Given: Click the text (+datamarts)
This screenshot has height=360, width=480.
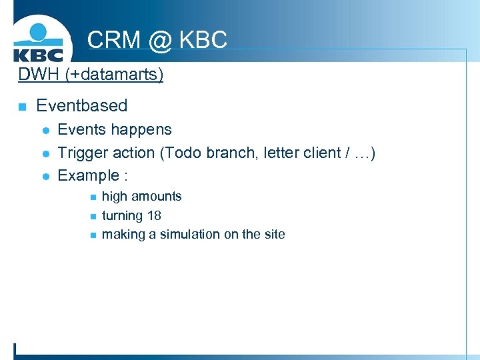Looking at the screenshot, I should pyautogui.click(x=114, y=73).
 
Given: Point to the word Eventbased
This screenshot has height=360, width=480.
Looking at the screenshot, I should pyautogui.click(x=81, y=105).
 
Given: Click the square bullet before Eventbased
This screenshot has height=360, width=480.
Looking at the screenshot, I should pyautogui.click(x=22, y=106).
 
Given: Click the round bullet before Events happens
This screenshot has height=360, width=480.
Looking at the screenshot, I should pyautogui.click(x=45, y=130).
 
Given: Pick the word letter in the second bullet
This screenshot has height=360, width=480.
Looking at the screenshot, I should pyautogui.click(x=281, y=153).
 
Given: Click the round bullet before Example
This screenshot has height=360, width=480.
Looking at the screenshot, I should pyautogui.click(x=45, y=176).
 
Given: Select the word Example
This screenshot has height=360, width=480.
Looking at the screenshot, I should pyautogui.click(x=87, y=175).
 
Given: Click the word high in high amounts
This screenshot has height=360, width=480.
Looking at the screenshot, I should pyautogui.click(x=114, y=196).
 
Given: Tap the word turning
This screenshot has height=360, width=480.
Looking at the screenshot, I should pyautogui.click(x=122, y=215).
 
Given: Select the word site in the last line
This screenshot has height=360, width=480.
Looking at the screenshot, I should pyautogui.click(x=274, y=234).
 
